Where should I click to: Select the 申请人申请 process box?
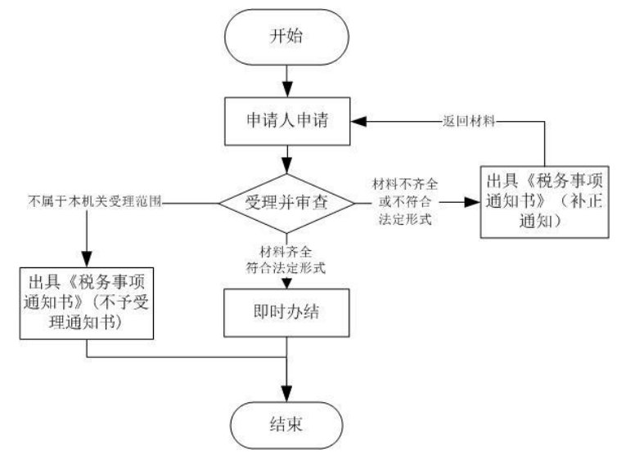286,119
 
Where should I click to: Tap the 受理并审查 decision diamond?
286,202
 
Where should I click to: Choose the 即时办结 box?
286,314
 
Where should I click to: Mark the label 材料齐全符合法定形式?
286,258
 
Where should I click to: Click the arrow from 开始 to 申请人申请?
286,81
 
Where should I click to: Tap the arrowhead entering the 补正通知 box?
475,202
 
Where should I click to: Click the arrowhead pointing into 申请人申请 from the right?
357,120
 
